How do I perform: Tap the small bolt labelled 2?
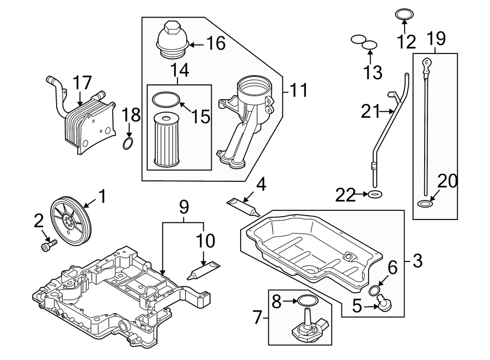tap(47, 246)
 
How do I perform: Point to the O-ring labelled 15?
tap(166, 100)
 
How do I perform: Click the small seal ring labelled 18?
tap(128, 144)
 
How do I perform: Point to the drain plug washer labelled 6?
tap(375, 289)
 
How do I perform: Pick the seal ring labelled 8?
tap(308, 301)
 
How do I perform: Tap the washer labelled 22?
tap(375, 194)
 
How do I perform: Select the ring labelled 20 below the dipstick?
tap(425, 204)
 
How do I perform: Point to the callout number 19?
tap(436, 38)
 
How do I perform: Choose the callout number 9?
tap(184, 207)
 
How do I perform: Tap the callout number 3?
tap(417, 261)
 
